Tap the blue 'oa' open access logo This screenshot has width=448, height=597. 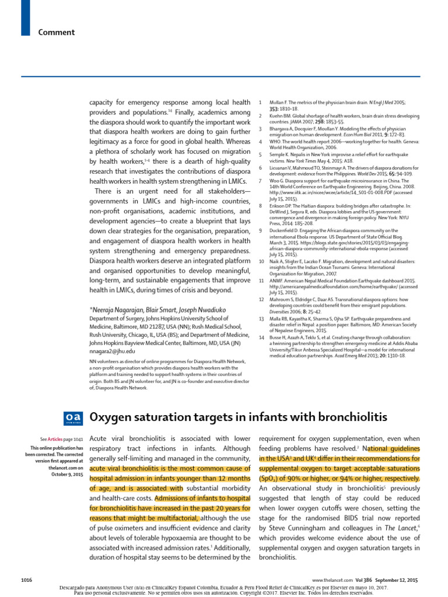pos(73,417)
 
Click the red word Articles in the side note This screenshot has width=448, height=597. pos(55,438)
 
